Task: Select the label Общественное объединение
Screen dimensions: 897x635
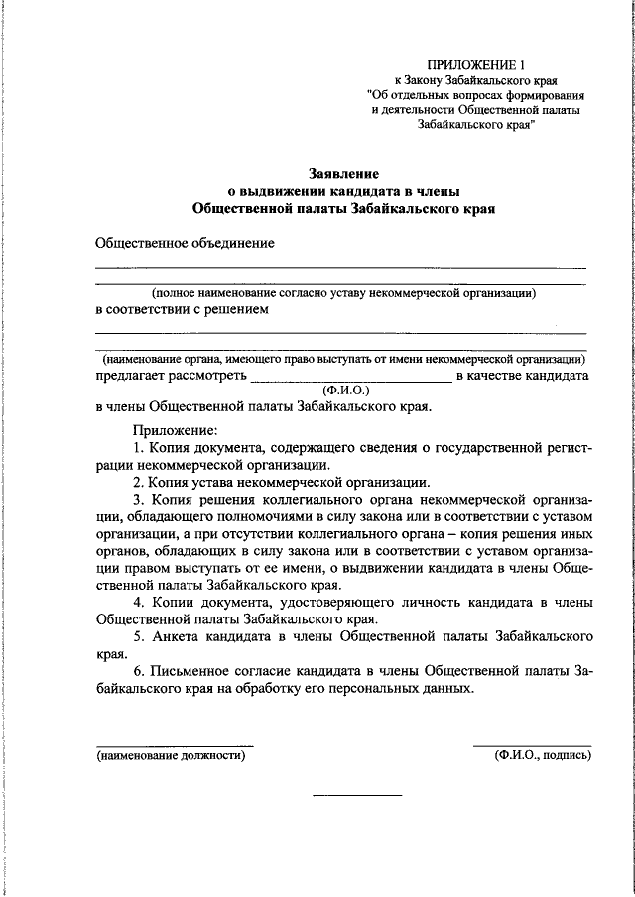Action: (x=184, y=243)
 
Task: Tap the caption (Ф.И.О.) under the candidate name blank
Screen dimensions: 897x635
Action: (x=346, y=391)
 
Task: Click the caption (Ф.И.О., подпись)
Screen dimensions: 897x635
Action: (x=542, y=755)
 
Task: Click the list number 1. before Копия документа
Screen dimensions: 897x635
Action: (x=139, y=449)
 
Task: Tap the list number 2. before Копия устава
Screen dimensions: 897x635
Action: (x=139, y=482)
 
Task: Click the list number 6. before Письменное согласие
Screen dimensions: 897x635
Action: (x=139, y=672)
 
